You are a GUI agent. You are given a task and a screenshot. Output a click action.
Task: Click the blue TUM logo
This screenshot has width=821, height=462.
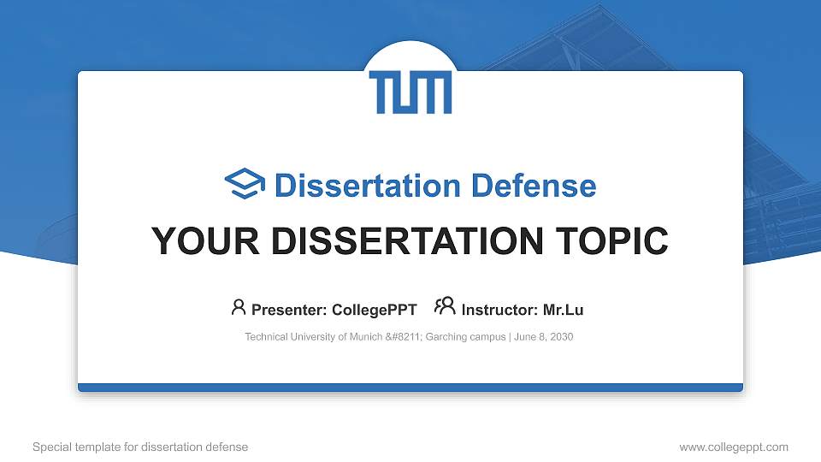coord(410,92)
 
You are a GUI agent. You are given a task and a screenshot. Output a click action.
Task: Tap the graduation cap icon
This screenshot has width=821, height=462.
coord(245,185)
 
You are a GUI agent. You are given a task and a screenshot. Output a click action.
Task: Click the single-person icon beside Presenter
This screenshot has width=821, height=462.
coord(239,307)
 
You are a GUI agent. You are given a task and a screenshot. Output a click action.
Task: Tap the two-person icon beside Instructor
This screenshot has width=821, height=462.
coord(445,307)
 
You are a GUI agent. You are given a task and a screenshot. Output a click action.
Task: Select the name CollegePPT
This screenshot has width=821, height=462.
coord(375,310)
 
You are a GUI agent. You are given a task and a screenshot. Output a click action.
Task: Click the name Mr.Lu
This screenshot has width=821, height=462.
coord(564,310)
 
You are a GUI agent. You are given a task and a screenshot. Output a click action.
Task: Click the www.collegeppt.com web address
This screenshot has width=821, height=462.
coord(733,447)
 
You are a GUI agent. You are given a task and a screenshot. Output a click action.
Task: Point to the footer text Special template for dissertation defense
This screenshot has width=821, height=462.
coord(140,447)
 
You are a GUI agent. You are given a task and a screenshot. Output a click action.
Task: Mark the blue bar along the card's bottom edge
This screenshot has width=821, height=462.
coord(410,388)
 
